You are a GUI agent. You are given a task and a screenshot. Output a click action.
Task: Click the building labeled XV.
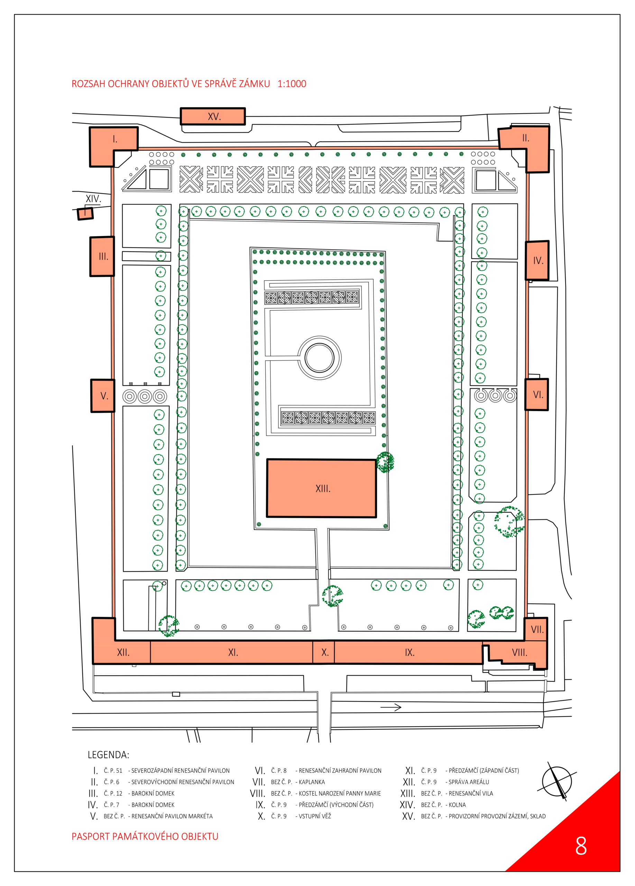[213, 116]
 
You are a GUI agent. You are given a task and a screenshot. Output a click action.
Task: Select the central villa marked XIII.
[321, 488]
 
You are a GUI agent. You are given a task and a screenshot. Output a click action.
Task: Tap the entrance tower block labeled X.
[323, 652]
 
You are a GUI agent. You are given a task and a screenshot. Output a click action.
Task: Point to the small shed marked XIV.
[85, 213]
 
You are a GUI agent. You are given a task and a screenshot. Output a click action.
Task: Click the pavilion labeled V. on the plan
[103, 395]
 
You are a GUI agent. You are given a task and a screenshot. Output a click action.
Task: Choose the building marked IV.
[537, 260]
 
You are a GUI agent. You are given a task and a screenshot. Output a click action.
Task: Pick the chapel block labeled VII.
[536, 629]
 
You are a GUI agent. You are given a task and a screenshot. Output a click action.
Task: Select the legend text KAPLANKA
[312, 782]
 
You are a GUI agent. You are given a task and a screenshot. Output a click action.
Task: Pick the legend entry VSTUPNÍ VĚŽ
[315, 816]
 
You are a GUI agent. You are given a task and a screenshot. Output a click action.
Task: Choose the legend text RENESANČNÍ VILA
[471, 793]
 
